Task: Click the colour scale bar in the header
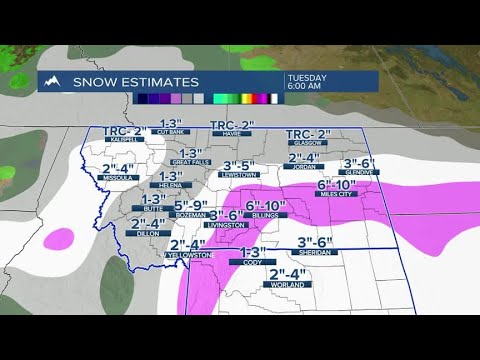coord(205,98)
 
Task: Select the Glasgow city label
coord(308,145)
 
